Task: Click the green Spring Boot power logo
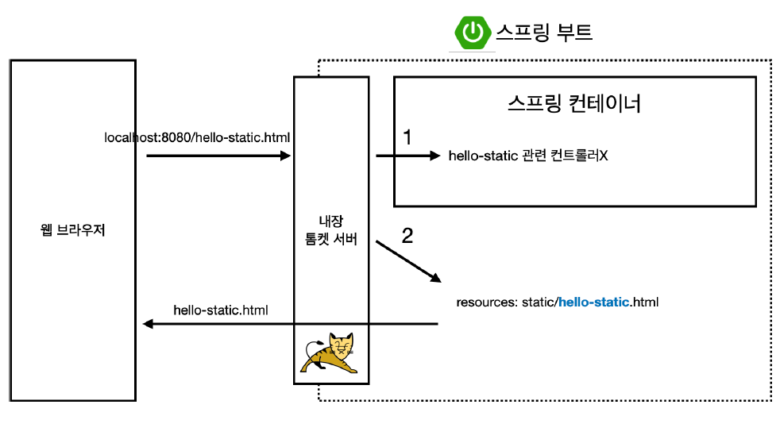473,33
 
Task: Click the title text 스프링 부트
544,33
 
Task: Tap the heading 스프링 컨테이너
574,104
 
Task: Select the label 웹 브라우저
72,231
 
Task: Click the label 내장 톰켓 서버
330,231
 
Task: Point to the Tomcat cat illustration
330,353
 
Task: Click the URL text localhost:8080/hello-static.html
197,138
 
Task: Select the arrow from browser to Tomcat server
218,156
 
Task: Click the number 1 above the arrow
407,137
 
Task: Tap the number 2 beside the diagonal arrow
408,236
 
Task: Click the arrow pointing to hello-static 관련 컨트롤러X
407,156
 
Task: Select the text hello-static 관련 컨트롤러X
528,156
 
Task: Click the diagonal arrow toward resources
408,260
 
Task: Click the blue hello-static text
594,302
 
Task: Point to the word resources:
485,302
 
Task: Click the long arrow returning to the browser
290,324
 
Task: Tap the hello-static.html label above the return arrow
221,309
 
